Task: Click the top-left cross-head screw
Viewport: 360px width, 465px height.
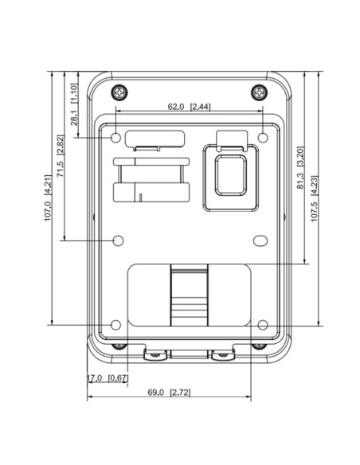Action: [119, 92]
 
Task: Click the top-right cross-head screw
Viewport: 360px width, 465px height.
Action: [258, 92]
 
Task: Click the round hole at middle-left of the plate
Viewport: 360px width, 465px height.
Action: [119, 240]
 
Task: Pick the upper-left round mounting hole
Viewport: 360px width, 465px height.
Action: [116, 138]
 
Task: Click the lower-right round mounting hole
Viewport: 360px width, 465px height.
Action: [263, 324]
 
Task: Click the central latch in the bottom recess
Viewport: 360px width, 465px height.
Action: [190, 297]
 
